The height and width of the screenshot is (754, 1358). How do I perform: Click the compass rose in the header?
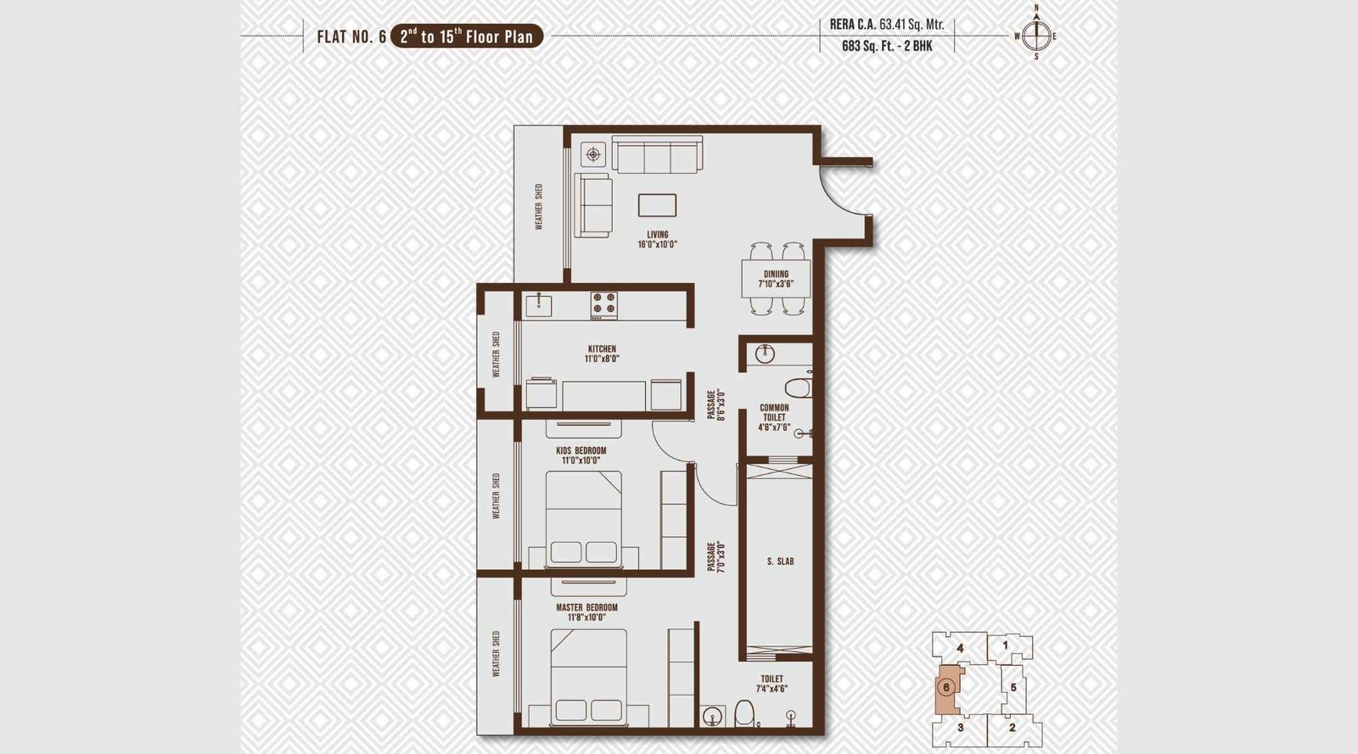tap(1035, 35)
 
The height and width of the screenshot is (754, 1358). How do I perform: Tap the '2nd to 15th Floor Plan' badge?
tap(466, 36)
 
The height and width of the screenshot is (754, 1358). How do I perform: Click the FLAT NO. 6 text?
tap(351, 36)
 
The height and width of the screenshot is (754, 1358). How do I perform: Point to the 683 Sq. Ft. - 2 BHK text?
tap(887, 46)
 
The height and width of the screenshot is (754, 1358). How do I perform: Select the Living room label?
tap(658, 239)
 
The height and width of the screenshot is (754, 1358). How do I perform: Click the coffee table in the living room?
tap(658, 205)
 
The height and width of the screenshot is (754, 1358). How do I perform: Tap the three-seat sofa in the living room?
tap(657, 155)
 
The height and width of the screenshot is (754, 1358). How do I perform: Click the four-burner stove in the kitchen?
tap(604, 305)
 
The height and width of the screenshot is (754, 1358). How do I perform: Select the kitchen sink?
tap(538, 304)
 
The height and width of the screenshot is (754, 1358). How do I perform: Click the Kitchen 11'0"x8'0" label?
tap(602, 354)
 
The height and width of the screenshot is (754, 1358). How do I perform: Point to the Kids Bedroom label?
tap(581, 455)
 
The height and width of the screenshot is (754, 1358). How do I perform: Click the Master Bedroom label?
tap(586, 612)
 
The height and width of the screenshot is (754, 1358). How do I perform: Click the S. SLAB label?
tap(780, 561)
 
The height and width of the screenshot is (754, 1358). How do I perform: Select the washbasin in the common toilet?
tap(765, 354)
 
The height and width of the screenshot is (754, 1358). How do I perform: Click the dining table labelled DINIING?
tap(776, 278)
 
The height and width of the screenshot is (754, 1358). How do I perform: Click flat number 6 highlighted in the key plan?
tap(946, 687)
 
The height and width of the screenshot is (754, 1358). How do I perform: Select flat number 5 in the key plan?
tap(1013, 687)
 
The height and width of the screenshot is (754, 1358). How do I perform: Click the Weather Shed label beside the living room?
tap(538, 207)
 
